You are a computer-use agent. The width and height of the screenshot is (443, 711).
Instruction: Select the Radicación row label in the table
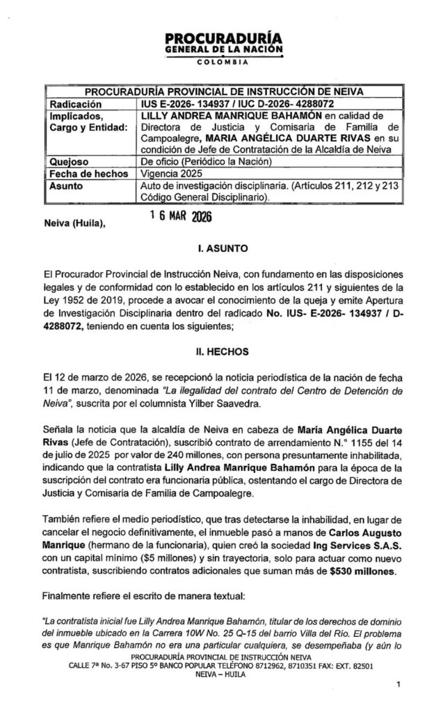click(73, 103)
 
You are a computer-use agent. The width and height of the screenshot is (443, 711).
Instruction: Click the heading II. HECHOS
click(221, 353)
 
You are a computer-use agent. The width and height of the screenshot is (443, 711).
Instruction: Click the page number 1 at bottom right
click(398, 685)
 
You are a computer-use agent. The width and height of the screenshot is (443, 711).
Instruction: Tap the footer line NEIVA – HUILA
click(221, 673)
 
